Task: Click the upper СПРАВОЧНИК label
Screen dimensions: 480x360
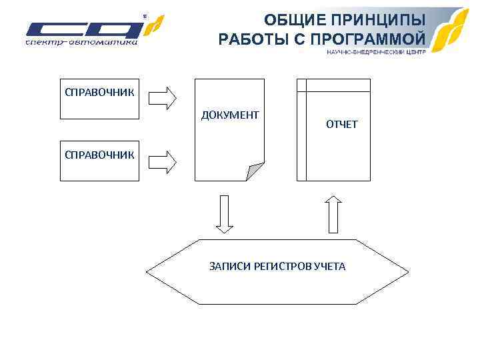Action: click(x=99, y=91)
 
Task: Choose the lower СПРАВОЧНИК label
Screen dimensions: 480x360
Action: click(x=99, y=155)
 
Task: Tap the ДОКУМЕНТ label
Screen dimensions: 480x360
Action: click(x=230, y=116)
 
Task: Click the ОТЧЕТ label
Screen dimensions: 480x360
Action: click(x=342, y=125)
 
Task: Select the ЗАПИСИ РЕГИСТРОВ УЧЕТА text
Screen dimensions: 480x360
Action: click(x=277, y=267)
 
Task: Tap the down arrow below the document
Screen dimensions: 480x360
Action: click(x=225, y=213)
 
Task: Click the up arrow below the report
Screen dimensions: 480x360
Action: click(x=333, y=213)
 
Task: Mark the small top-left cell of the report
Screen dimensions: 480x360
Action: click(x=301, y=85)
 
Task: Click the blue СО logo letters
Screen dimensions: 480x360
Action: click(x=83, y=30)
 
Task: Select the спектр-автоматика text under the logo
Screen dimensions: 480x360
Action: click(x=81, y=43)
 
